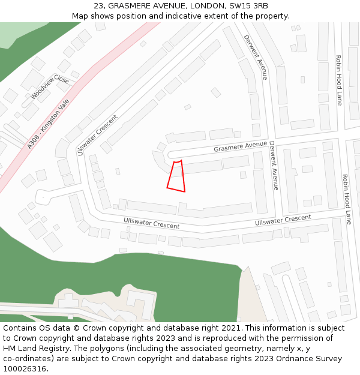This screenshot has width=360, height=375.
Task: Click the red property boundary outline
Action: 176,176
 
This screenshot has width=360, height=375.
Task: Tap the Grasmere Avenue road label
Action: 240,146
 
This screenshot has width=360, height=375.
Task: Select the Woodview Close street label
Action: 50,87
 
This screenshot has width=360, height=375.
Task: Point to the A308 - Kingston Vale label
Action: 49,124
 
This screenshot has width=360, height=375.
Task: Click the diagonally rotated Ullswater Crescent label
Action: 97,135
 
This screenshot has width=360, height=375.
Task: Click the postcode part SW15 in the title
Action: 229,6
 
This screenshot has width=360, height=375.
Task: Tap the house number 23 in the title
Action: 99,6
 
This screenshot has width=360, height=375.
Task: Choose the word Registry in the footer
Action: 60,349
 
